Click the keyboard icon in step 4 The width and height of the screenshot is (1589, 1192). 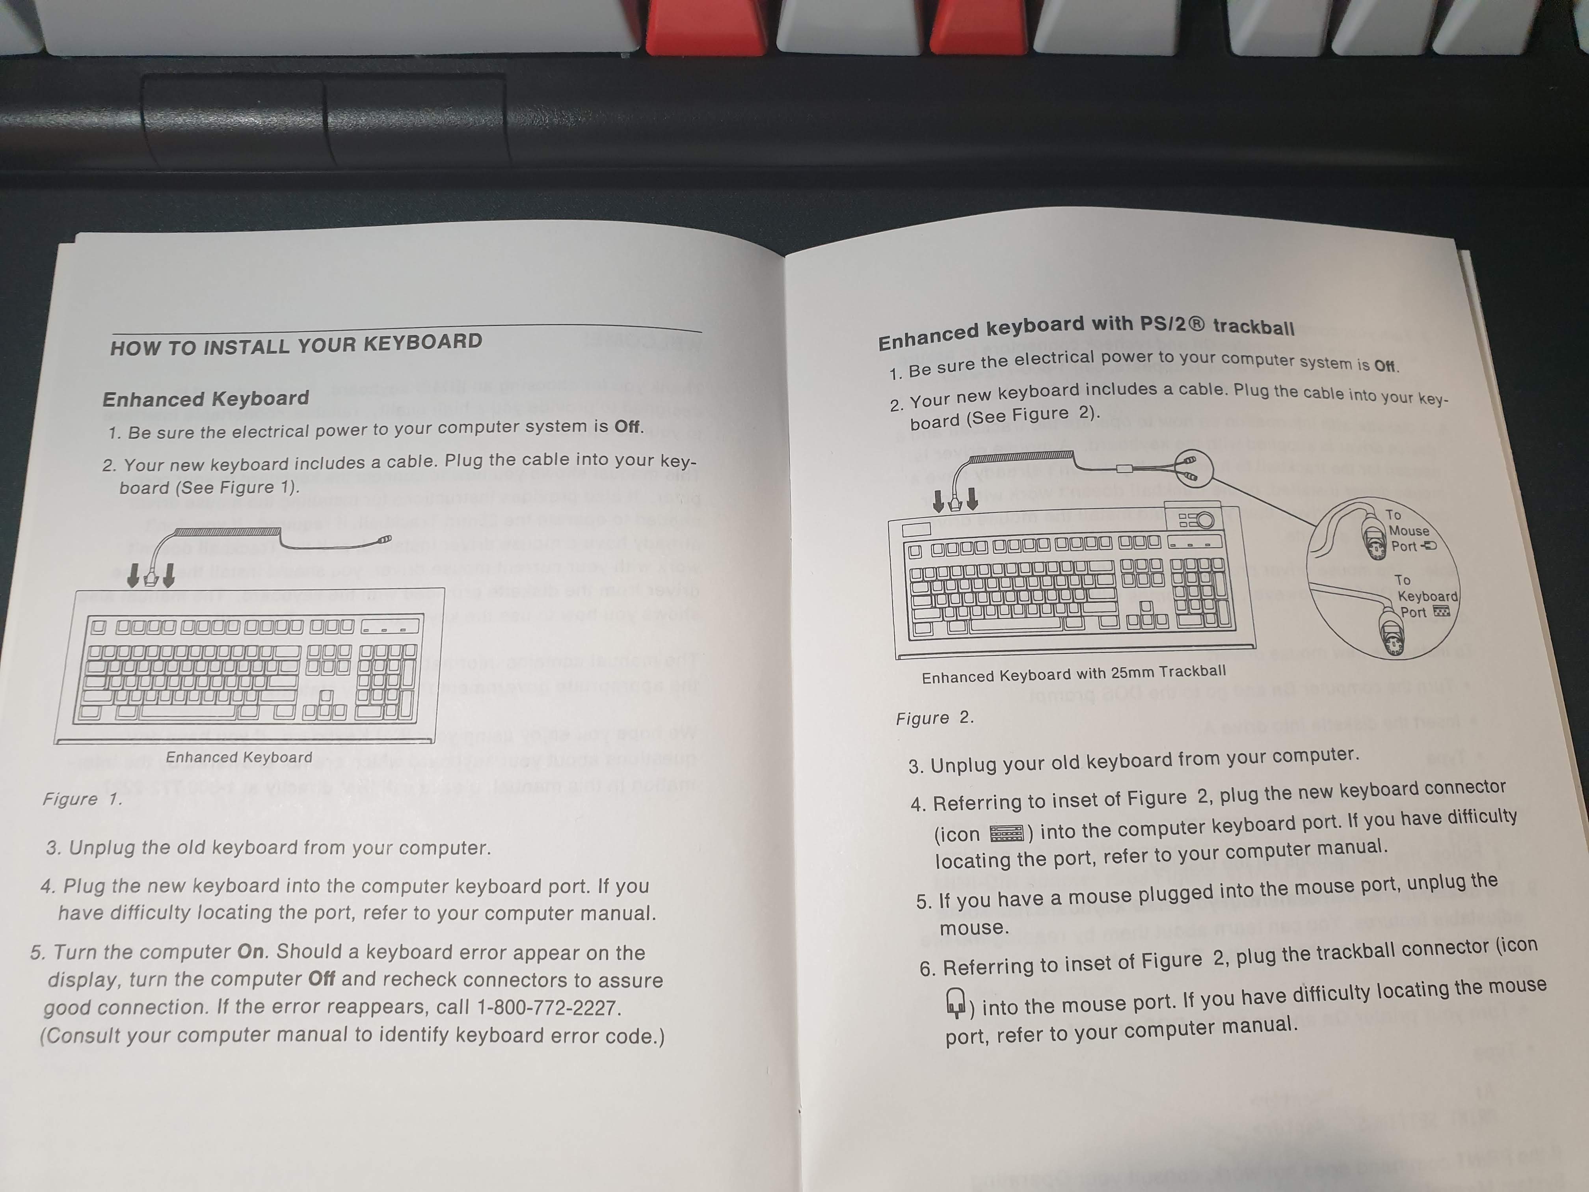point(1007,833)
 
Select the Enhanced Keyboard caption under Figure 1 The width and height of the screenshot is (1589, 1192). point(239,757)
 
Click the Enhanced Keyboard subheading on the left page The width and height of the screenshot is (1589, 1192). point(205,399)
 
